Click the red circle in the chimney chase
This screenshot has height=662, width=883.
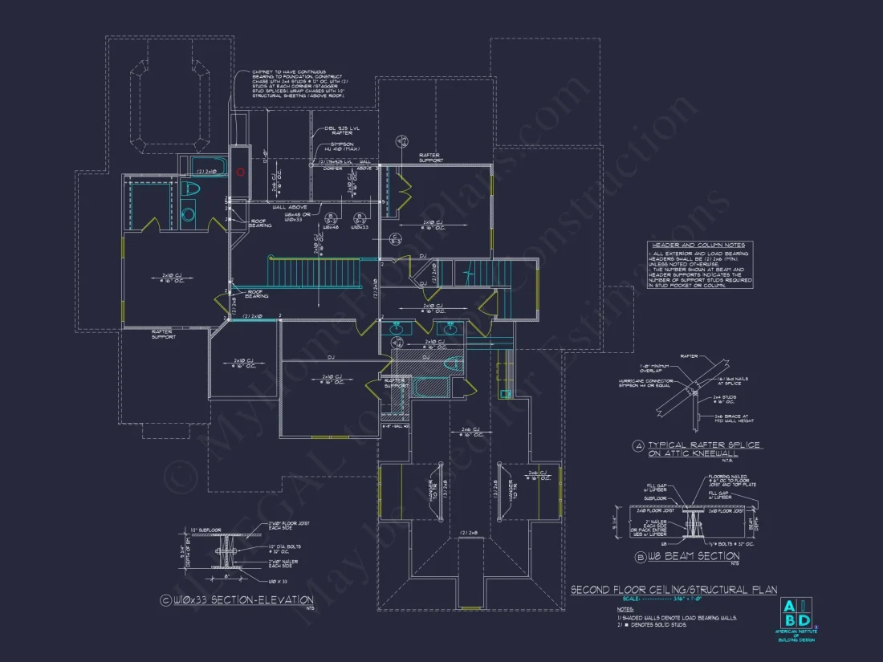(239, 171)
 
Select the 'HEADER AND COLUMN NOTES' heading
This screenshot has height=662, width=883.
(697, 246)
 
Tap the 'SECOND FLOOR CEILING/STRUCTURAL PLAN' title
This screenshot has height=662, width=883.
(673, 590)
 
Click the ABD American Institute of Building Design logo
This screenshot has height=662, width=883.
(795, 614)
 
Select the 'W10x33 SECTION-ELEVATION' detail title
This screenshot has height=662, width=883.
(239, 600)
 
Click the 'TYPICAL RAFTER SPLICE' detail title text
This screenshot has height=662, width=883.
(703, 445)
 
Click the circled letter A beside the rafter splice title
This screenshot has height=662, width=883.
(638, 445)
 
